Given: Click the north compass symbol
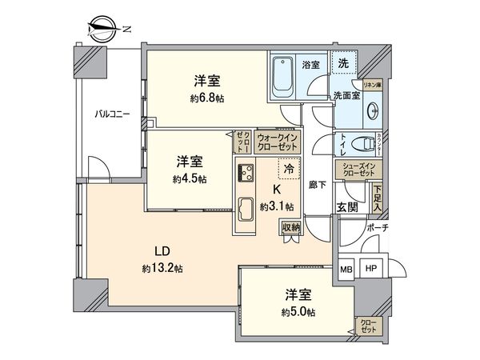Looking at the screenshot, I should point(102,30).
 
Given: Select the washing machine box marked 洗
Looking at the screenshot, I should point(342,64).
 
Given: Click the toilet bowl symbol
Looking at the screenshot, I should point(365,146).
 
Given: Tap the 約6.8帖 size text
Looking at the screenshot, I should point(206,98).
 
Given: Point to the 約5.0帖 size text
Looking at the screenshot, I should point(297,311).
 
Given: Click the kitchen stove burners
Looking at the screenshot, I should point(246,171).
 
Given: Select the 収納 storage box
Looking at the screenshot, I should point(290,227).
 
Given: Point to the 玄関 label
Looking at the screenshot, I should point(348,207).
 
